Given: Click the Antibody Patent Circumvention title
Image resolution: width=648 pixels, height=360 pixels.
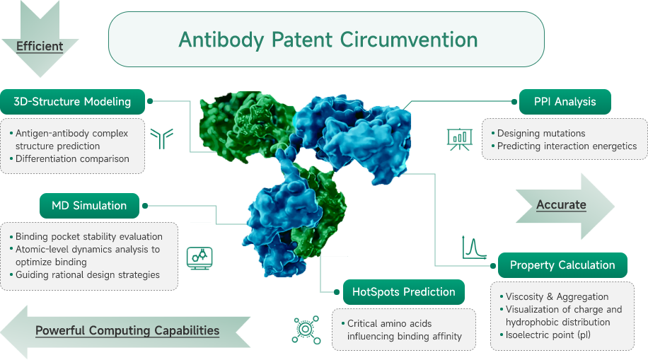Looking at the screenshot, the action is (328, 40).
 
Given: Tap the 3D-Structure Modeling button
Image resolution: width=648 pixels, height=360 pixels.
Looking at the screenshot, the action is (72, 102).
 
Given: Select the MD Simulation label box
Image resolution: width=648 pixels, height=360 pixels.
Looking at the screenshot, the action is (89, 205).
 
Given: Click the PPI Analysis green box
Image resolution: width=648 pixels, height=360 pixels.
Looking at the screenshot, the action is (565, 102).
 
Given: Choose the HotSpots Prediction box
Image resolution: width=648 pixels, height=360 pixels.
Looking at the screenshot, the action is (404, 292).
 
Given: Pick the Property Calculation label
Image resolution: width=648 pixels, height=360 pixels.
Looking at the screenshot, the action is (562, 265).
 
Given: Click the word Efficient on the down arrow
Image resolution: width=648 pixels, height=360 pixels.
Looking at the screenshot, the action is (40, 46).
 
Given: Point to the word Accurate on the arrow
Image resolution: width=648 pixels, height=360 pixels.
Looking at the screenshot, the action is (561, 204).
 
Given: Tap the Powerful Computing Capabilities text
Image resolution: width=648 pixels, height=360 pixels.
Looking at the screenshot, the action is (127, 331).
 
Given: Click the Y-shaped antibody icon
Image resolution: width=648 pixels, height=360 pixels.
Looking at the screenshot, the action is (161, 139).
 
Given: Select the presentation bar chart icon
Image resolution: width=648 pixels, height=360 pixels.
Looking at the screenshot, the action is (460, 139).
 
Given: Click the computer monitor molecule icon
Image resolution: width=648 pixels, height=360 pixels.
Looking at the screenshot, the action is (199, 258).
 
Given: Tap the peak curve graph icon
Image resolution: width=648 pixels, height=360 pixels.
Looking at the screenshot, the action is (474, 248).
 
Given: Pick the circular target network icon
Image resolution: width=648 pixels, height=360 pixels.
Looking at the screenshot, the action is (306, 330).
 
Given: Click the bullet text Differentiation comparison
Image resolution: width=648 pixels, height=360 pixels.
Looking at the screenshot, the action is (72, 158).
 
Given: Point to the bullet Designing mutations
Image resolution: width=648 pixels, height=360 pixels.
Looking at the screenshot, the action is (541, 133).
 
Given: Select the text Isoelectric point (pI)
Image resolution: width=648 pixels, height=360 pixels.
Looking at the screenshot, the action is (548, 335).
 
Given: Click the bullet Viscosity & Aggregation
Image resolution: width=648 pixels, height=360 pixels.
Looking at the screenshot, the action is (557, 297).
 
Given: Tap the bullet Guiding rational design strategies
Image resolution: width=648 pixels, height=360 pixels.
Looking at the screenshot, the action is (88, 275).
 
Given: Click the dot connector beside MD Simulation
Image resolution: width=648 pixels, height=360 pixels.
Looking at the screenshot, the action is (145, 205).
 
